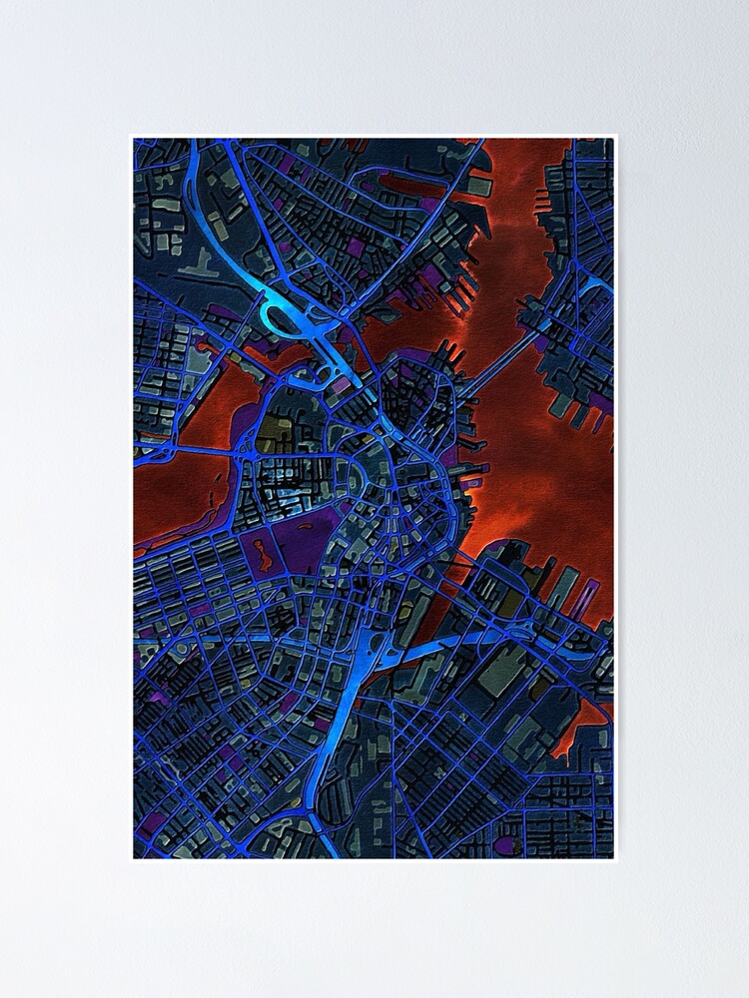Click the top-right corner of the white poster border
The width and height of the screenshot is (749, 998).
[617, 136]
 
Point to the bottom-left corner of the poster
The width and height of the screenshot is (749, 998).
[132, 860]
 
